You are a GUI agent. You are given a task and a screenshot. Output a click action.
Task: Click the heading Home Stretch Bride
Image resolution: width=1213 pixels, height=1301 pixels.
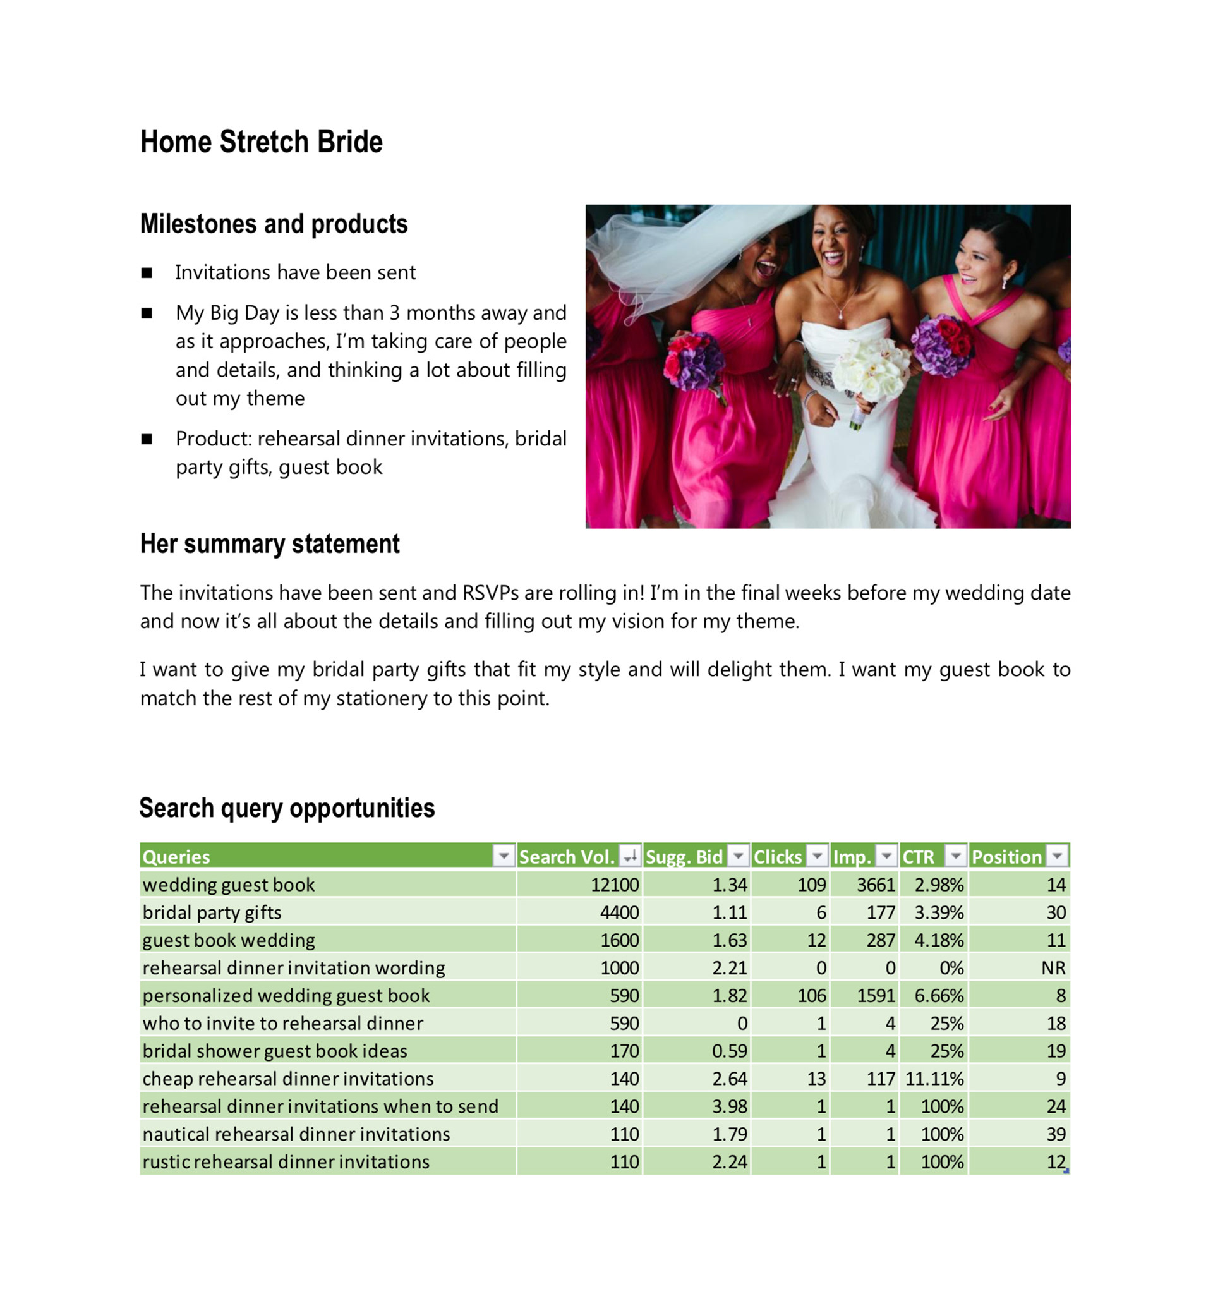261,142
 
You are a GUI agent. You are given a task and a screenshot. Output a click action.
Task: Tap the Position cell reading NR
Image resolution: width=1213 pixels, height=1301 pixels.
1053,968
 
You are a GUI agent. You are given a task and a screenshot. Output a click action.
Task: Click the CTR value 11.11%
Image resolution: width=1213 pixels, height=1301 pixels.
934,1079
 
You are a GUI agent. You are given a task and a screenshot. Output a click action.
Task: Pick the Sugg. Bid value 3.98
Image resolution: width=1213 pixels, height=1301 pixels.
729,1106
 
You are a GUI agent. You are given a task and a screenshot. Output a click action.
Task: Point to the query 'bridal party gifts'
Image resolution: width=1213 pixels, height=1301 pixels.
212,912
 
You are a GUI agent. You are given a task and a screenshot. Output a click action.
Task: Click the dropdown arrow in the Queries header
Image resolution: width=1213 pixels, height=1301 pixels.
503,856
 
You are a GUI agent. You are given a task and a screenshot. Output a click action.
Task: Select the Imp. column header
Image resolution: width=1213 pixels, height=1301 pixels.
852,857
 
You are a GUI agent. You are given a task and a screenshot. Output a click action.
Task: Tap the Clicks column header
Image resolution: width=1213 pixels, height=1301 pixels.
777,857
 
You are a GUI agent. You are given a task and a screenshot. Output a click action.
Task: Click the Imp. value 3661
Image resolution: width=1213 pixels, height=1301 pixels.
876,885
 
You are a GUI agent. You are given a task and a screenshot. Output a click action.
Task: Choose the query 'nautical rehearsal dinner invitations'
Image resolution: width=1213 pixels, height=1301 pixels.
296,1134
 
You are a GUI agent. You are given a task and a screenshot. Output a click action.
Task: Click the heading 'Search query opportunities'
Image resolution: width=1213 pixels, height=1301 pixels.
287,808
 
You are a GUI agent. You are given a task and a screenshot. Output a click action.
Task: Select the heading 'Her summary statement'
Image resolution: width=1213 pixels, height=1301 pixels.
270,544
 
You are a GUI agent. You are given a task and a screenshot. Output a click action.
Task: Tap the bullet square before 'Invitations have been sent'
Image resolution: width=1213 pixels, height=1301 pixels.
147,273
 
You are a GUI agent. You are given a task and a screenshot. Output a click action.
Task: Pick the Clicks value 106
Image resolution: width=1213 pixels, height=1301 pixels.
811,995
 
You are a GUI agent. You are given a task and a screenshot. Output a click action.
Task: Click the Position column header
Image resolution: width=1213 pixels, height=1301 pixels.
1006,857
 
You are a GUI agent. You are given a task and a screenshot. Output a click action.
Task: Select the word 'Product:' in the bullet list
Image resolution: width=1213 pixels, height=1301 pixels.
214,439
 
